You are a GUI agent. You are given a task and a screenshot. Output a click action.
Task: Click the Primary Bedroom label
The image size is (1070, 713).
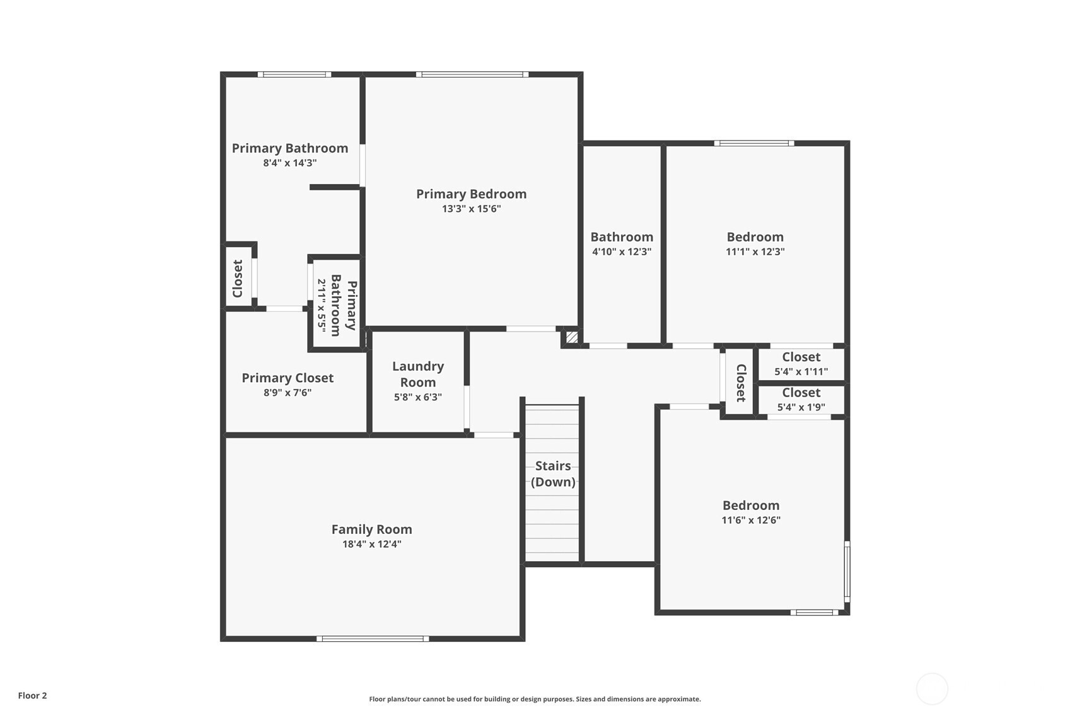pyautogui.click(x=471, y=194)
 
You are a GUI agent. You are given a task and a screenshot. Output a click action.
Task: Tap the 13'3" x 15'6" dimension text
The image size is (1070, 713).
pyautogui.click(x=471, y=209)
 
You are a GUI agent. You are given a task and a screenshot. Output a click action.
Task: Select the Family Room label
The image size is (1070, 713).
pyautogui.click(x=371, y=529)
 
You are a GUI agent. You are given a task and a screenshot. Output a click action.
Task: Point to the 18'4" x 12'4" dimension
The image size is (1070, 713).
pyautogui.click(x=371, y=544)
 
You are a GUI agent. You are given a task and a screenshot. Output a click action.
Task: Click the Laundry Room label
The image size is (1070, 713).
pyautogui.click(x=418, y=374)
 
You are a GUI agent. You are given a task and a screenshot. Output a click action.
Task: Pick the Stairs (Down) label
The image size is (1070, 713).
pyautogui.click(x=553, y=473)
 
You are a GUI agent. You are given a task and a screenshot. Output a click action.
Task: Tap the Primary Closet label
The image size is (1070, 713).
pyautogui.click(x=288, y=378)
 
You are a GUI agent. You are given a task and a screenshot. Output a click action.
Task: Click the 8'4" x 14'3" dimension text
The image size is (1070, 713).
pyautogui.click(x=290, y=163)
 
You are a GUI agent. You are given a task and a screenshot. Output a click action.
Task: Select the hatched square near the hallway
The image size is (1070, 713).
pyautogui.click(x=572, y=338)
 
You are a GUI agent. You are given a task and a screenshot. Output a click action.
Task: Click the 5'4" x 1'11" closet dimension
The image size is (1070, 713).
pyautogui.click(x=801, y=371)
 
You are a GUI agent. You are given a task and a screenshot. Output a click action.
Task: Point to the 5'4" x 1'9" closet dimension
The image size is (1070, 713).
pyautogui.click(x=801, y=407)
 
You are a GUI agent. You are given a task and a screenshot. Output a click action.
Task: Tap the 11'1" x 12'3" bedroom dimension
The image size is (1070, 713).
pyautogui.click(x=755, y=252)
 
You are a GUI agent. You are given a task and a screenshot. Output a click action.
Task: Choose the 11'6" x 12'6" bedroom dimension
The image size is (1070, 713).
pyautogui.click(x=751, y=520)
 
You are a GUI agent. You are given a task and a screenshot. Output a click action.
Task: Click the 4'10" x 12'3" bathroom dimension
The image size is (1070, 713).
pyautogui.click(x=622, y=252)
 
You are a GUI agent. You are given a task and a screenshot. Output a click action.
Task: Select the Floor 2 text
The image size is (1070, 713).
pyautogui.click(x=33, y=695)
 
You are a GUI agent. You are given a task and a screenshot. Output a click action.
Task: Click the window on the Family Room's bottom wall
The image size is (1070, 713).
pyautogui.click(x=373, y=639)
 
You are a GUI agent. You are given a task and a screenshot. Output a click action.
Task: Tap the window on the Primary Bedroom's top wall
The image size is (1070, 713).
pyautogui.click(x=472, y=74)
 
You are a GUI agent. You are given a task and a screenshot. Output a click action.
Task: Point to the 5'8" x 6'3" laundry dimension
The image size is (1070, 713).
pyautogui.click(x=418, y=397)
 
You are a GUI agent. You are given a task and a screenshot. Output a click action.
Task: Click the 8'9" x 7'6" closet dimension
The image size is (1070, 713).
pyautogui.click(x=288, y=393)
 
